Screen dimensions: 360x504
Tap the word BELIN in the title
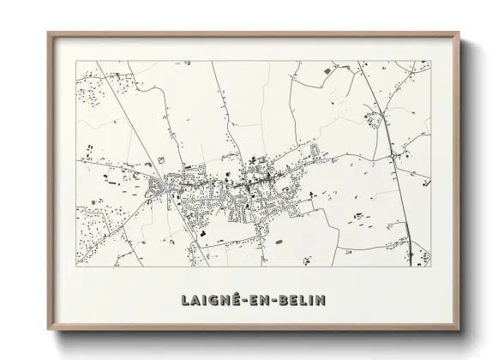[303, 300]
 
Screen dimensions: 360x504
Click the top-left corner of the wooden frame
[49, 33]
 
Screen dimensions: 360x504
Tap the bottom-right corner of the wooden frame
[461, 330]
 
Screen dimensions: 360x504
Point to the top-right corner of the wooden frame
[461, 33]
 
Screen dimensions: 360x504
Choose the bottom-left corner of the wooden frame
[49, 330]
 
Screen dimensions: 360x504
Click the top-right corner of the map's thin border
[430, 60]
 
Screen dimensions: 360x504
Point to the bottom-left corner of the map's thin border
[76, 267]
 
